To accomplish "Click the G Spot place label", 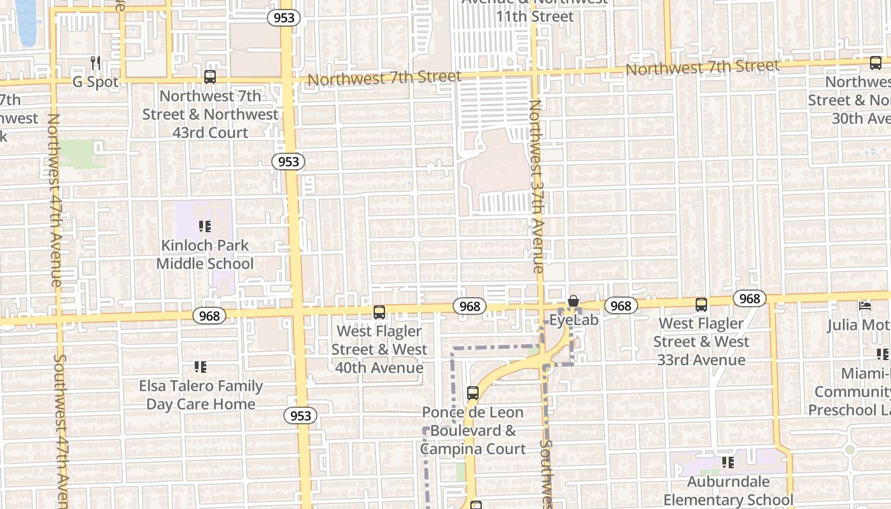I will pyautogui.click(x=95, y=82).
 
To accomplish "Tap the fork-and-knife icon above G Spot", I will pyautogui.click(x=96, y=62).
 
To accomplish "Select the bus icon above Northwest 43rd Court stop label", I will pyautogui.click(x=210, y=77).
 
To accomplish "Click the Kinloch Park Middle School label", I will pyautogui.click(x=205, y=254).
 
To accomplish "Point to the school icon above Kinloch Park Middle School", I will pyautogui.click(x=205, y=226).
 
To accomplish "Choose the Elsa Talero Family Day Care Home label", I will pyautogui.click(x=200, y=395).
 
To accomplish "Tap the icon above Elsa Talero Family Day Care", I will pyautogui.click(x=200, y=367).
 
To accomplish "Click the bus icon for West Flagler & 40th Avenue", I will pyautogui.click(x=379, y=312).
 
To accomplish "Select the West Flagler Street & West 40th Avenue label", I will pyautogui.click(x=379, y=349).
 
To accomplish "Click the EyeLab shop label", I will pyautogui.click(x=574, y=319).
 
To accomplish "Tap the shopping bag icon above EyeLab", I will pyautogui.click(x=573, y=300).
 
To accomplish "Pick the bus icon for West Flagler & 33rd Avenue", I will pyautogui.click(x=701, y=305).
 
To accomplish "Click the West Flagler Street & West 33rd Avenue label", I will pyautogui.click(x=701, y=342).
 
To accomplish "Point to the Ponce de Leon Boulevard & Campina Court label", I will pyautogui.click(x=473, y=431).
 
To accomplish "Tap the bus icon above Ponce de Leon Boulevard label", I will pyautogui.click(x=473, y=393).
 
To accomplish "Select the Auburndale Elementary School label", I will pyautogui.click(x=728, y=491).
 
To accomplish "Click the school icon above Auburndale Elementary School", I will pyautogui.click(x=728, y=463).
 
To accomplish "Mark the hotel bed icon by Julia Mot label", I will pyautogui.click(x=865, y=306).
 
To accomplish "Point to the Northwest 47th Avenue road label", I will pyautogui.click(x=55, y=200).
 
